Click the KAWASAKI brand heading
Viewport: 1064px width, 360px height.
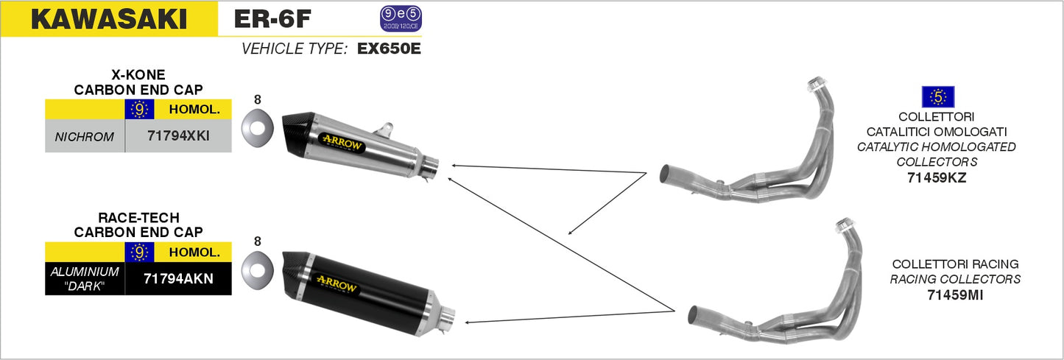coord(108,18)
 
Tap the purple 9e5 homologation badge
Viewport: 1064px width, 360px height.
coord(401,19)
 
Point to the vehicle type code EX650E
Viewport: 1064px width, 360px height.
coord(389,49)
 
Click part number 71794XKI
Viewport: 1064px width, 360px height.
coord(178,136)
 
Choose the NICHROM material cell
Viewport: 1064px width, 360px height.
coord(85,136)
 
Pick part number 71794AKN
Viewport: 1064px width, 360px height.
coord(178,278)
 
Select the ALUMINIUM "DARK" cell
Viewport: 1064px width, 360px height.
coord(85,278)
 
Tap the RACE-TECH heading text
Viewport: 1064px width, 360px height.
coord(138,218)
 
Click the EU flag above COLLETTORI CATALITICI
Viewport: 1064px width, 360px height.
coord(937,96)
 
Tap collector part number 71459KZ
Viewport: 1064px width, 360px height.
coord(936,177)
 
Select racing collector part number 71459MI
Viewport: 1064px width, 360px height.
coord(955,294)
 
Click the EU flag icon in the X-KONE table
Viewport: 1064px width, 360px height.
coord(139,110)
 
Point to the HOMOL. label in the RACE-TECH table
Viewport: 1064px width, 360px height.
coord(194,252)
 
